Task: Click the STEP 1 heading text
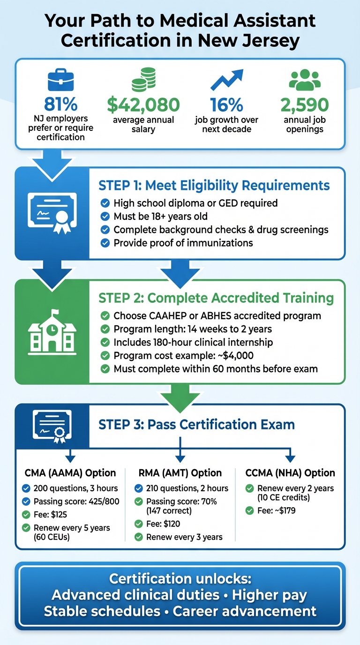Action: point(214,185)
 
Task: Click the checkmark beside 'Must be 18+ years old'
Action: point(105,217)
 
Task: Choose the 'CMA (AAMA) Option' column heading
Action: point(70,473)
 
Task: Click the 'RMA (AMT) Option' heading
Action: point(180,473)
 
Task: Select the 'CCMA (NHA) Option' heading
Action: point(290,473)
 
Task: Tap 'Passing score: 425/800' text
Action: point(76,502)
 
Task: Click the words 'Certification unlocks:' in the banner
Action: point(180,579)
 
